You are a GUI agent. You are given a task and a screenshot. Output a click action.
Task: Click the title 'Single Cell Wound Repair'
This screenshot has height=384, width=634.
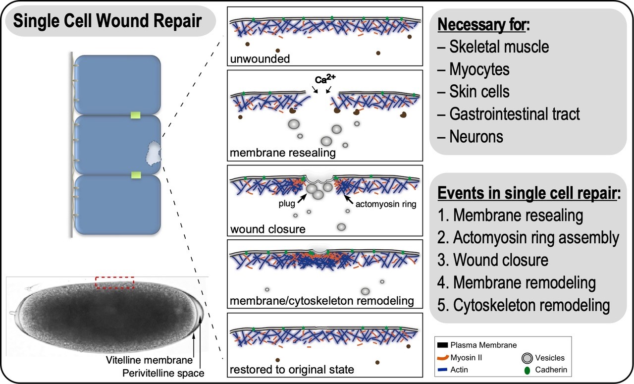(107, 21)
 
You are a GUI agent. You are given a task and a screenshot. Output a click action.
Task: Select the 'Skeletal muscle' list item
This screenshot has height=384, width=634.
(499, 47)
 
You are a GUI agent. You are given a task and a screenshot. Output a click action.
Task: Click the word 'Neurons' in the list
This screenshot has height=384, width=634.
(476, 136)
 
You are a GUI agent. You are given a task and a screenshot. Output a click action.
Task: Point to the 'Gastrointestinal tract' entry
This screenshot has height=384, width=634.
(514, 114)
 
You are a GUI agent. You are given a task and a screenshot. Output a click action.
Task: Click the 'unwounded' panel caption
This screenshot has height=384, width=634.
(259, 59)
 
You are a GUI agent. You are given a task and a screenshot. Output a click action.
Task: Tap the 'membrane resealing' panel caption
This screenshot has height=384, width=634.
(282, 153)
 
